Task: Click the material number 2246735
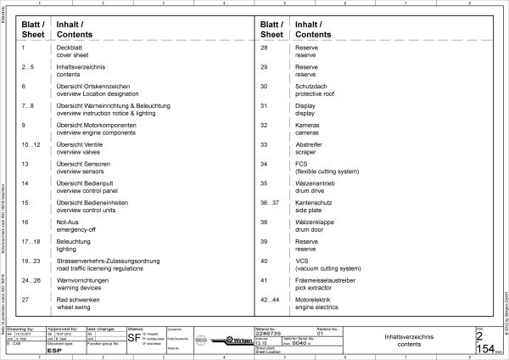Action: (270, 335)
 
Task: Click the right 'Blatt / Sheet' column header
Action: (272, 30)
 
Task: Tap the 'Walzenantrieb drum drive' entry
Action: (313, 186)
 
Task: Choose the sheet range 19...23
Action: (31, 260)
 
